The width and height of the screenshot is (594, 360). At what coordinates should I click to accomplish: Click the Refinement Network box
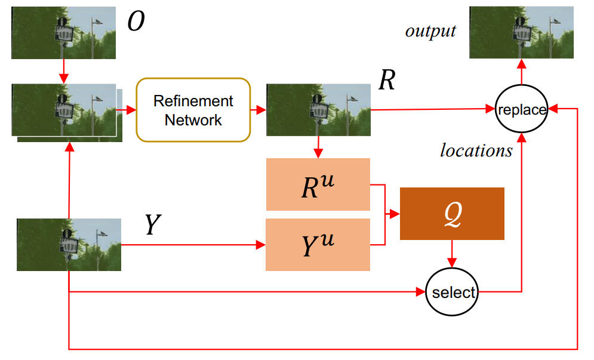pyautogui.click(x=193, y=110)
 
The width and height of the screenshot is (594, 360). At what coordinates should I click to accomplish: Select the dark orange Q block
pyautogui.click(x=452, y=214)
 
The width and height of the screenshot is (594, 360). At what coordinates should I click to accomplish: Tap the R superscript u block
pyautogui.click(x=318, y=185)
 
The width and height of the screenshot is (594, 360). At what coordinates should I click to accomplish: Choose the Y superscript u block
pyautogui.click(x=318, y=245)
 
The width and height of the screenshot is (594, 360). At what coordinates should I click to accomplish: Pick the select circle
pyautogui.click(x=453, y=293)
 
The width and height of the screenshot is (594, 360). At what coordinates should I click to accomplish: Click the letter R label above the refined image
pyautogui.click(x=387, y=79)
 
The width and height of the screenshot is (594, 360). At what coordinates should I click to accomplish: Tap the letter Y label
pyautogui.click(x=153, y=224)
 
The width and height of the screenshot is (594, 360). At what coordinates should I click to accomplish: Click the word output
pyautogui.click(x=430, y=31)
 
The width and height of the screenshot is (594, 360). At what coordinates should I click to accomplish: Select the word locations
pyautogui.click(x=476, y=150)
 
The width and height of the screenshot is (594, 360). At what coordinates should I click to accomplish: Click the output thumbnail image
pyautogui.click(x=522, y=32)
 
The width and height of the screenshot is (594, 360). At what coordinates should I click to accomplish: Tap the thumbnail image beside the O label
pyautogui.click(x=63, y=32)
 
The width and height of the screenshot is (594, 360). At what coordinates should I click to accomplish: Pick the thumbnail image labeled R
pyautogui.click(x=318, y=110)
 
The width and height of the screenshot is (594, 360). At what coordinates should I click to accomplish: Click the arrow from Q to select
pyautogui.click(x=452, y=254)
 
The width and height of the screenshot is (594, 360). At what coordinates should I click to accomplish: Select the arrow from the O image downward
pyautogui.click(x=64, y=72)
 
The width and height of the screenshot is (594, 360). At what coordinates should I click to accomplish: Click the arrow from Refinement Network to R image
pyautogui.click(x=258, y=110)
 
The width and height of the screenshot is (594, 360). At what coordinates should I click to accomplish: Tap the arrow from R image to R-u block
pyautogui.click(x=318, y=147)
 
